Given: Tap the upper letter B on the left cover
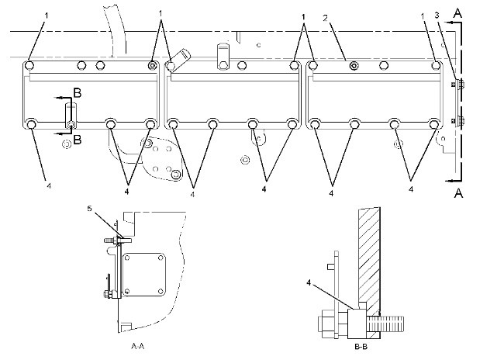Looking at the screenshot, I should [x=75, y=93].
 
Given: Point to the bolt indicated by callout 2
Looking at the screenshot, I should [x=354, y=67].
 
